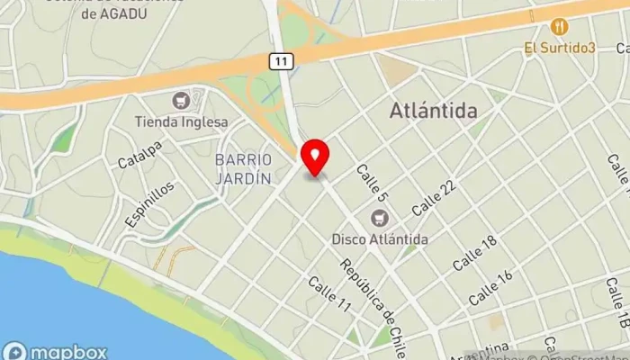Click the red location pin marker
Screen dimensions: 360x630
click(314, 157)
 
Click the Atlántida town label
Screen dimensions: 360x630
click(433, 111)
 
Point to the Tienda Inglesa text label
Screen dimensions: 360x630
click(181, 121)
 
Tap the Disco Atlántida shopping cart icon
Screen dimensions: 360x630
click(380, 218)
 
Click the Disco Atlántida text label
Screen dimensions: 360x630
click(380, 239)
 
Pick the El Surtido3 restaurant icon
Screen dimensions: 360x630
click(559, 26)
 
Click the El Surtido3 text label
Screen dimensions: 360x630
click(562, 47)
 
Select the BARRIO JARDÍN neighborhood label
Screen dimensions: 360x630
click(243, 169)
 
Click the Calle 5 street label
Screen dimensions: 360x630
click(371, 183)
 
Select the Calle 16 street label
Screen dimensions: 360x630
click(491, 286)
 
